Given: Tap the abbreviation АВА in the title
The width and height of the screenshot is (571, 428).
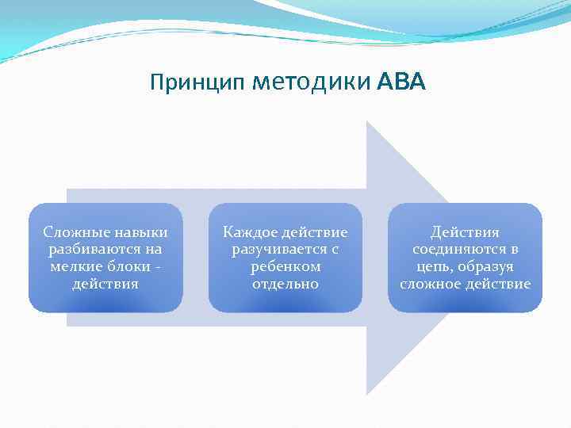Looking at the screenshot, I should click(x=401, y=82).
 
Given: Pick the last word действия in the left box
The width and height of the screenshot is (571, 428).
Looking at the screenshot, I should click(x=105, y=284).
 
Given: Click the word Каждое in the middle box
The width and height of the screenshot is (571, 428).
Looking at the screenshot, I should click(x=247, y=232).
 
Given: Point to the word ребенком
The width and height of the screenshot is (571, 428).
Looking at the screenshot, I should click(x=285, y=267).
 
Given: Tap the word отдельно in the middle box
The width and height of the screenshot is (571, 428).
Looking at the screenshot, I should click(x=285, y=284).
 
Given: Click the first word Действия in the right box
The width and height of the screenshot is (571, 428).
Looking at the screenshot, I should click(x=465, y=232).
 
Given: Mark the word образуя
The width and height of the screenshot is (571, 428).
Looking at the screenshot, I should click(x=485, y=267).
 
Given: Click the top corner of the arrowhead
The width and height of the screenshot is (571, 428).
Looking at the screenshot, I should click(x=367, y=122).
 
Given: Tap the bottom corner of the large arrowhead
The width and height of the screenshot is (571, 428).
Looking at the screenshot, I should click(x=367, y=394).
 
